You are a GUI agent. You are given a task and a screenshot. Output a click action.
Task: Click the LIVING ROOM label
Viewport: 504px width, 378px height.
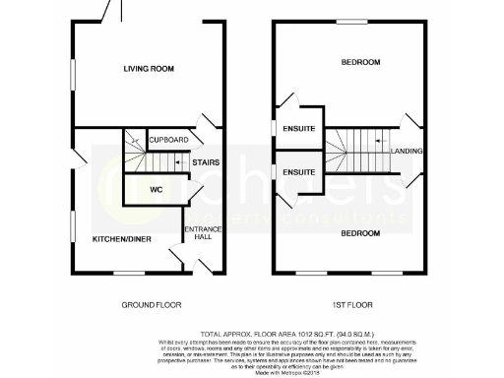(x=148, y=69)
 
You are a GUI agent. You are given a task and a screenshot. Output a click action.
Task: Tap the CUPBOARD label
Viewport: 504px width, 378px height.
(x=168, y=140)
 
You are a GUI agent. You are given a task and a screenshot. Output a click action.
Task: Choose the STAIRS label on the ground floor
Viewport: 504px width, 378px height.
(x=205, y=162)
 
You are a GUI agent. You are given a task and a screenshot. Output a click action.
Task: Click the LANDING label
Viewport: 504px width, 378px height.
(x=407, y=151)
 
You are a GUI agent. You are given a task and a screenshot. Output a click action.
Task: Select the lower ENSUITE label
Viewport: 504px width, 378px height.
(x=298, y=172)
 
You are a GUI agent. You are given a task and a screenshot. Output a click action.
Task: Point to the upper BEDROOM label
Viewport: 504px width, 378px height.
(x=359, y=62)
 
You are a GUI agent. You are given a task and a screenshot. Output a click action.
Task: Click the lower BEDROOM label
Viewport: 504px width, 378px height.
(x=359, y=233)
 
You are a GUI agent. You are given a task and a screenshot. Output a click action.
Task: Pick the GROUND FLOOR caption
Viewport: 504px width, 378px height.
(x=152, y=305)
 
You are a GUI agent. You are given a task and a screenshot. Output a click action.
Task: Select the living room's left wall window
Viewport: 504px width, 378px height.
(x=73, y=76)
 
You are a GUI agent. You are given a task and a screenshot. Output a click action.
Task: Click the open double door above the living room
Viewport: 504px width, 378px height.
(x=111, y=12)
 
